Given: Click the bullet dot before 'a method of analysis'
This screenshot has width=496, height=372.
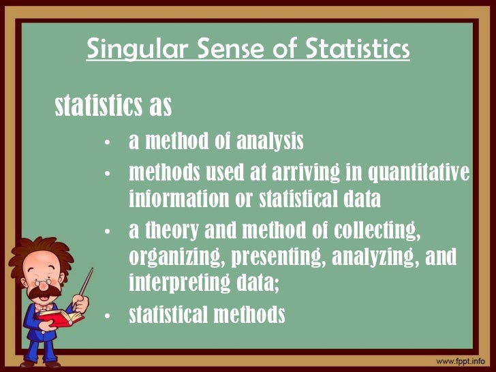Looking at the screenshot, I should point(108,144).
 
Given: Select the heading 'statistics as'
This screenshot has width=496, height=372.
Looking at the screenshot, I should point(112,106).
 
